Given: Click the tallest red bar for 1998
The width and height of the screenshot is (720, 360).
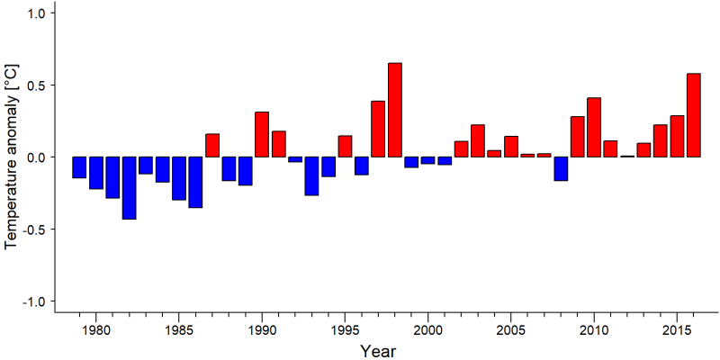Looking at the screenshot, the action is click(395, 110).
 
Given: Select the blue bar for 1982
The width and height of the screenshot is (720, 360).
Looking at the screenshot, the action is click(129, 188).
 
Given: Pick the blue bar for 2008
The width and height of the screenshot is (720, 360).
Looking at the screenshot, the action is click(561, 168).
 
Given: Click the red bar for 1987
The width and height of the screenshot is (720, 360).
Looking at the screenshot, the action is click(212, 146).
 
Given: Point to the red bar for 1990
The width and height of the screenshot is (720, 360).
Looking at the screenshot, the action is click(262, 134).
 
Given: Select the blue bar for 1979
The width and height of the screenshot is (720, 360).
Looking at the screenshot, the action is click(79, 167).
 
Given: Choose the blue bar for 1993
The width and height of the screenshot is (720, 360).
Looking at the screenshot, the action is click(311, 175).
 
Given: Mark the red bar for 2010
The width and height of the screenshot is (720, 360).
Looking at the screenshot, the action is click(594, 127).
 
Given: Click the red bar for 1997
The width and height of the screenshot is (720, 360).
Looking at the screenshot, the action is click(378, 129).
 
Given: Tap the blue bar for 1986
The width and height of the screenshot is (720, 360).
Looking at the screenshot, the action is click(195, 183).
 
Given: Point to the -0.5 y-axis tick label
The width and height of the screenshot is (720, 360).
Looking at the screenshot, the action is click(32, 229).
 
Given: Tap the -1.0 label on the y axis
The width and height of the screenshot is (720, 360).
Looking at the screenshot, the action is click(32, 301).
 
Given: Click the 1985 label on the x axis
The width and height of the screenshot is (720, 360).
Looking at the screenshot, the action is click(178, 330).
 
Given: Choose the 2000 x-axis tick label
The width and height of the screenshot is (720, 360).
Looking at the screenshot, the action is click(428, 330).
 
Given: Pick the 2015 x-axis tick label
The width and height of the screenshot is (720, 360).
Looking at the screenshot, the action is click(677, 330).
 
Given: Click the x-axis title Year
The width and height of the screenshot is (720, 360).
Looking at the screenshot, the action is click(377, 351).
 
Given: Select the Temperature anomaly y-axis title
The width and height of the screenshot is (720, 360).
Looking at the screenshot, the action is click(13, 157).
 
